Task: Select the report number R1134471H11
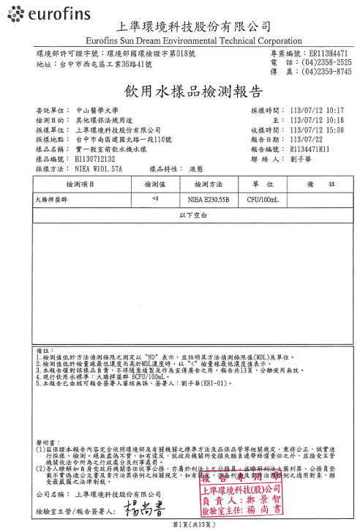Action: click(x=315, y=148)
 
